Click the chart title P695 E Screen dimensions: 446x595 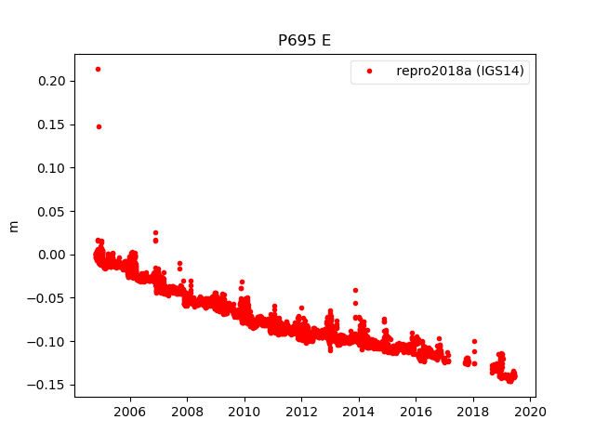[x=304, y=41]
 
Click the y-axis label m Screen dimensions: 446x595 [x=13, y=226]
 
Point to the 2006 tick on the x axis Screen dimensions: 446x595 [x=130, y=411]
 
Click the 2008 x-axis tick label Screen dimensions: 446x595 [x=187, y=411]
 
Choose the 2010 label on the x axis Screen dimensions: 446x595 [x=245, y=411]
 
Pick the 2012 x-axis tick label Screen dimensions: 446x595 [x=301, y=411]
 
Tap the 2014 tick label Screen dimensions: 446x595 [x=359, y=411]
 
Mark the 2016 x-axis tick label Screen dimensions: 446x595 [x=416, y=411]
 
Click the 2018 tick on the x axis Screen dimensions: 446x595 [x=473, y=411]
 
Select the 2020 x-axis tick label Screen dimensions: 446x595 [x=530, y=411]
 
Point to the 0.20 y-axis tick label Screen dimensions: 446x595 [x=51, y=82]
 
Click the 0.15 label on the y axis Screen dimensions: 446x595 [x=51, y=125]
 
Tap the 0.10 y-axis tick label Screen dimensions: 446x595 [x=51, y=168]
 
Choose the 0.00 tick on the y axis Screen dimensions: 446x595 [x=51, y=255]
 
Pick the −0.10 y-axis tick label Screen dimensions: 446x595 [x=47, y=341]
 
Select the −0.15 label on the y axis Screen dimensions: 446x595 [x=47, y=385]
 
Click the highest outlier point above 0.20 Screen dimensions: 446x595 [x=98, y=69]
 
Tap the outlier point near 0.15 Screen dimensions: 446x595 [x=99, y=126]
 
